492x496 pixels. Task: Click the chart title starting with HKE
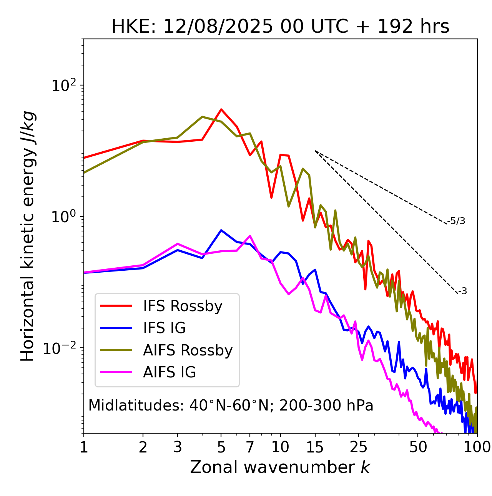click(280, 27)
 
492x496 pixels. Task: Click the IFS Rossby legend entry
click(183, 306)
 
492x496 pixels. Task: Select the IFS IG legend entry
click(164, 328)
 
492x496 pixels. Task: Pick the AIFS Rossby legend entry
click(188, 350)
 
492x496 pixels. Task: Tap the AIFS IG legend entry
click(170, 372)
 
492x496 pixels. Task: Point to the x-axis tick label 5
click(221, 447)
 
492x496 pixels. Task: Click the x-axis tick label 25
click(359, 447)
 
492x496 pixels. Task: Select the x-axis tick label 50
click(418, 447)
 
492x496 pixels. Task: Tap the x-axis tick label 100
click(477, 447)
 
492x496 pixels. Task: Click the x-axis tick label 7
click(250, 447)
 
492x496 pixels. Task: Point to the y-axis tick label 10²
click(63, 85)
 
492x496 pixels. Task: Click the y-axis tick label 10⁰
click(63, 217)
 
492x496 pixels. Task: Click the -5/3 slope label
click(456, 221)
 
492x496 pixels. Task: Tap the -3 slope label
click(462, 292)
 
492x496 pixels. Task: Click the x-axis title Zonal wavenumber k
click(280, 467)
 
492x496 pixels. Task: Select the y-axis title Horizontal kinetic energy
click(28, 236)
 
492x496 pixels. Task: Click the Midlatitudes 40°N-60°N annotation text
click(231, 406)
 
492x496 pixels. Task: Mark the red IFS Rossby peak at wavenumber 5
click(221, 109)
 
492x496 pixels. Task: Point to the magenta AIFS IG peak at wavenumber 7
click(250, 236)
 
